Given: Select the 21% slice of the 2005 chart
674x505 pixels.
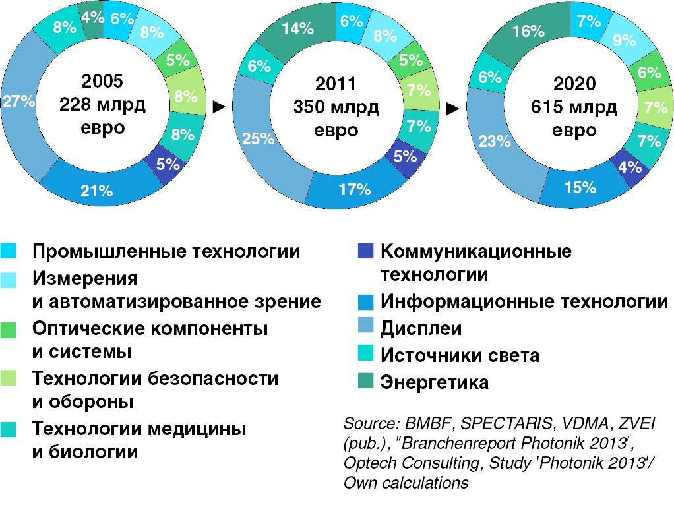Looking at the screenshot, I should [x=97, y=191].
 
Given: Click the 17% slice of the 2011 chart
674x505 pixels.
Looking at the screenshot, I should [x=354, y=190].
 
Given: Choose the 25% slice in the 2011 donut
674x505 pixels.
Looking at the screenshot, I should [x=258, y=138].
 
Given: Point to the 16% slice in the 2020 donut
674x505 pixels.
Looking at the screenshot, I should [x=528, y=31].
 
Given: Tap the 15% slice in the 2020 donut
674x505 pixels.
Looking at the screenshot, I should [x=580, y=188].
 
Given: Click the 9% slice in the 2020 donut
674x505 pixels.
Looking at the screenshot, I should [x=624, y=41].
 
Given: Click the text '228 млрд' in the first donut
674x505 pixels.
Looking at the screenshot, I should [x=102, y=104].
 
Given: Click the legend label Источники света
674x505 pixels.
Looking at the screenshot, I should [x=460, y=355].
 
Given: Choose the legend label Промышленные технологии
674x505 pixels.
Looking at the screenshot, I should [x=166, y=251].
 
